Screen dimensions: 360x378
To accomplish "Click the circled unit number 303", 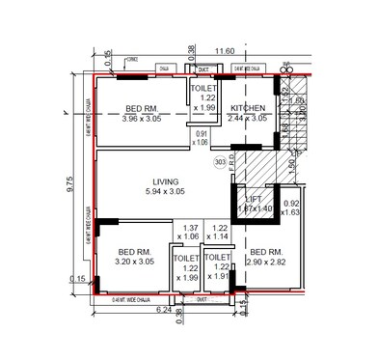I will click(221, 163).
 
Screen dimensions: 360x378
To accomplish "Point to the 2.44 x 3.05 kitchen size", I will click(248, 119).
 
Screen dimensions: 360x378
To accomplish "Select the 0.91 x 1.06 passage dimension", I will click(201, 137).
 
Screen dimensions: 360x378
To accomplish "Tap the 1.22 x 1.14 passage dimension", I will click(220, 232).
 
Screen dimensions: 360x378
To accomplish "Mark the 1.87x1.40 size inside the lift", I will click(254, 208).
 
